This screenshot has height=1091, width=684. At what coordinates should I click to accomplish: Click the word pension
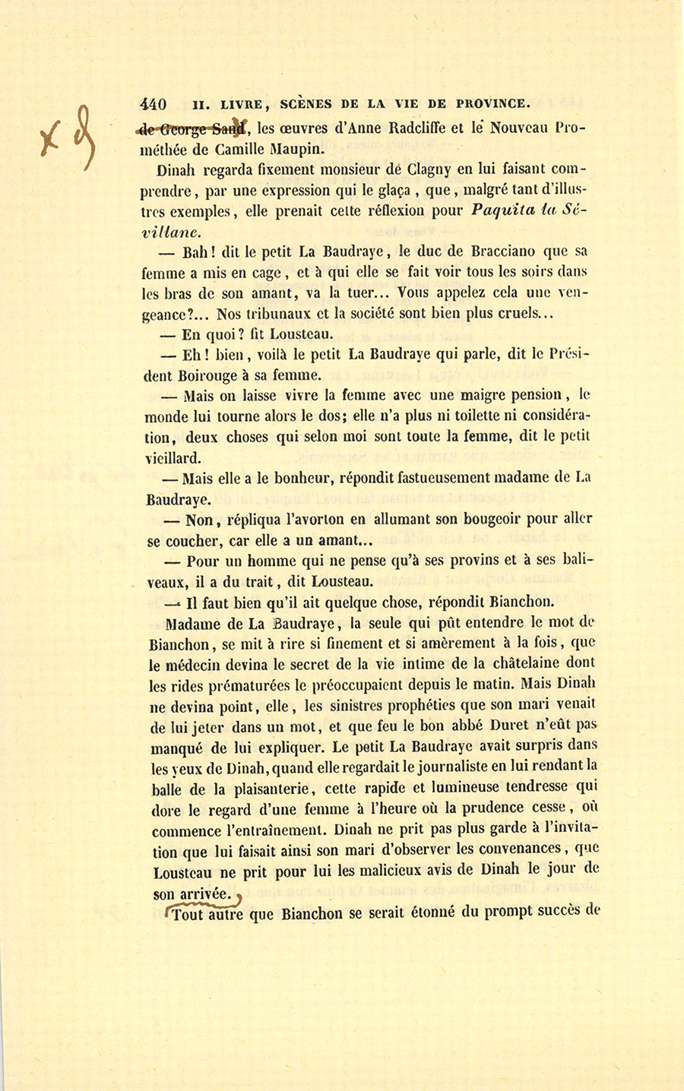[533, 395]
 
